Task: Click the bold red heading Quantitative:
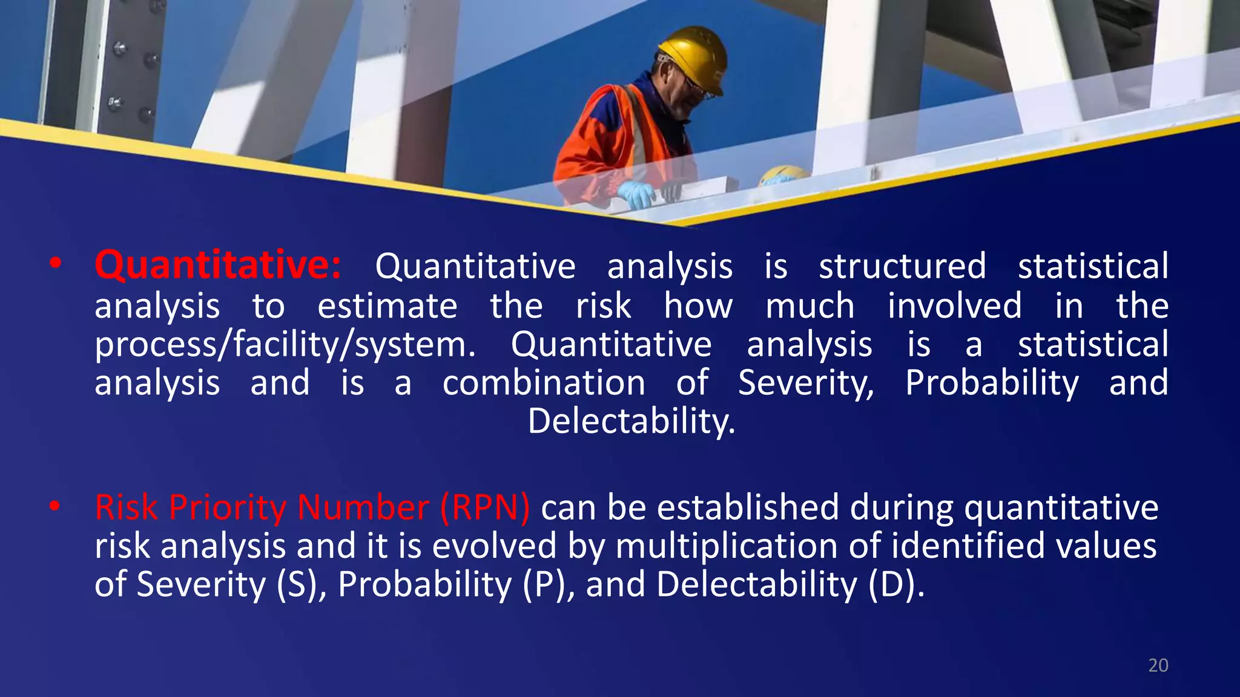218,266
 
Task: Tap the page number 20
1158,666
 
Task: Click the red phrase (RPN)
485,507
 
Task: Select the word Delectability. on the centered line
632,422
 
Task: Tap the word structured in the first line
902,266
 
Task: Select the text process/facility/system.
285,345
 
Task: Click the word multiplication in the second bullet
727,546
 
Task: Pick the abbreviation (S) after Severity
297,584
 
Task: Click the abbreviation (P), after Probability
549,584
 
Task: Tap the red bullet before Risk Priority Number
55,506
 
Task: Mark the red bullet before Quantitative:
55,264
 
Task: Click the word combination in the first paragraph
543,384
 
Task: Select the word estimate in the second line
387,306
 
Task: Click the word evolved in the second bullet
493,546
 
